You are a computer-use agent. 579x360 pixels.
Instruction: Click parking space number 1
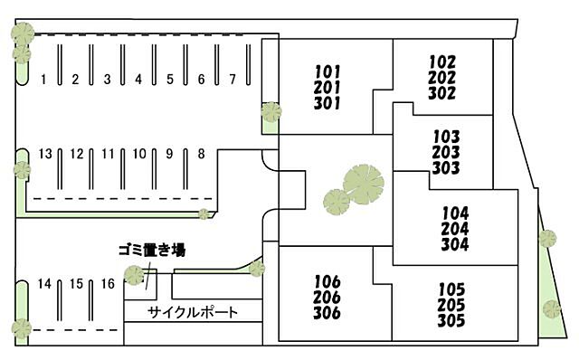pos(43,80)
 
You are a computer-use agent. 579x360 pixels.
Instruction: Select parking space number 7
pos(233,79)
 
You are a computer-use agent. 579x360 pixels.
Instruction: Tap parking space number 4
pos(138,80)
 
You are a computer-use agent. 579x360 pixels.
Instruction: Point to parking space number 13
pos(45,154)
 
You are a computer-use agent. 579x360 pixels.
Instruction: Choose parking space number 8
pos(201,154)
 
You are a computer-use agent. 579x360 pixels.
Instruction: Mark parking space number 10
pos(138,154)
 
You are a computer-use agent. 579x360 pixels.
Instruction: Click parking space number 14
pos(44,284)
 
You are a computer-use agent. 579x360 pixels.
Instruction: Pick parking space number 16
pos(108,284)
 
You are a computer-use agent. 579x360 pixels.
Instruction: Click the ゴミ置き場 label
pos(151,249)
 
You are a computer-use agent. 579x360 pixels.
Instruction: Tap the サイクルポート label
pos(194,313)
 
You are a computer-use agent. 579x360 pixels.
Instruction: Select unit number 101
pos(327,71)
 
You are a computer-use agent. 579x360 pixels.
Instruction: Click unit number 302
pos(442,92)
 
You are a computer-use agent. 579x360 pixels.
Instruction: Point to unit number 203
pos(447,153)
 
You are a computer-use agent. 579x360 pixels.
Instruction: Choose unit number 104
pos(455,213)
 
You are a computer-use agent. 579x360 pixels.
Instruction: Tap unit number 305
pos(451,320)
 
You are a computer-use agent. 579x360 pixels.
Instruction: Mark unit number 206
pos(327,298)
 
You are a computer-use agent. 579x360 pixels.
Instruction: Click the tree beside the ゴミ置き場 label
pos(134,276)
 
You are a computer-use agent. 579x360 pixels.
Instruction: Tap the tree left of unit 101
pos(271,113)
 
